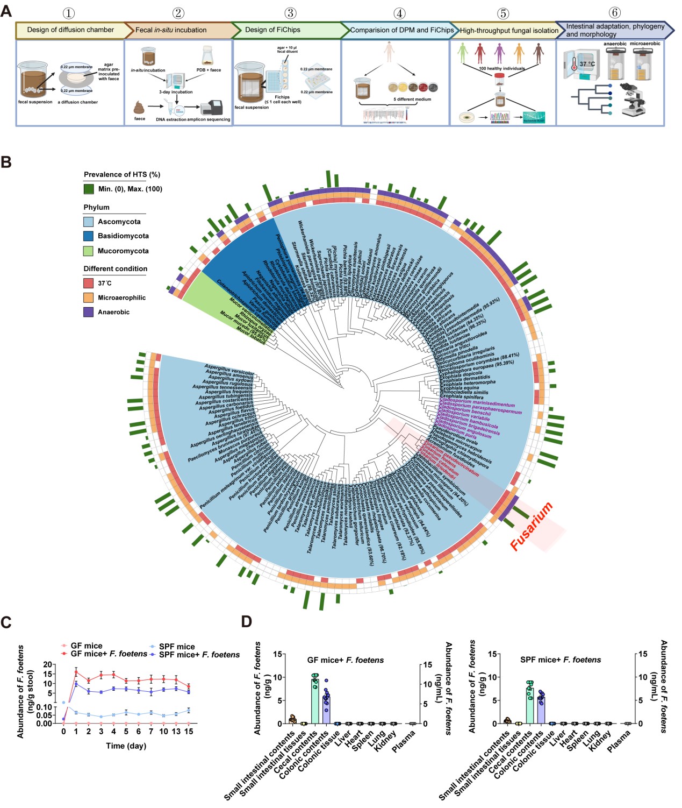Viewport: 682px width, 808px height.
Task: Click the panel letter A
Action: click(6, 11)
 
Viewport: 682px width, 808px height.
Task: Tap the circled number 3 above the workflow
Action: click(290, 13)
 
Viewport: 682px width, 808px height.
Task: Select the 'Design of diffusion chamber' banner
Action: click(70, 30)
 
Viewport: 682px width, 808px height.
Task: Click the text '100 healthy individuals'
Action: click(502, 68)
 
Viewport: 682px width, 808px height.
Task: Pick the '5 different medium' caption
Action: click(412, 100)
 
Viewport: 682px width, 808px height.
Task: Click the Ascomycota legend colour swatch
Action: click(89, 222)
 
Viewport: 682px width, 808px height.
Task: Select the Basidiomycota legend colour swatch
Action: click(89, 236)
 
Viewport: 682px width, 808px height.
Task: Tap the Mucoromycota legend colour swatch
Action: click(89, 251)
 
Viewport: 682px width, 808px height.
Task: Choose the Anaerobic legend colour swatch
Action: click(89, 312)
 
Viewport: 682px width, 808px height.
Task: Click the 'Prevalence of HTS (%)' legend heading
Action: click(122, 174)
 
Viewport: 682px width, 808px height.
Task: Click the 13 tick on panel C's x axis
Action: click(176, 732)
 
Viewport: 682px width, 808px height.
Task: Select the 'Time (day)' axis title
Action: click(126, 746)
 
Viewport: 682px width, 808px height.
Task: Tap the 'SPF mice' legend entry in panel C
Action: click(177, 647)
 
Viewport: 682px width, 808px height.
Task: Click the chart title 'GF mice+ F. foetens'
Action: click(346, 660)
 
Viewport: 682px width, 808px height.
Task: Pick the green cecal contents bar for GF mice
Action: click(315, 700)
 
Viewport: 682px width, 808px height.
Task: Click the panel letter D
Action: click(246, 622)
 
